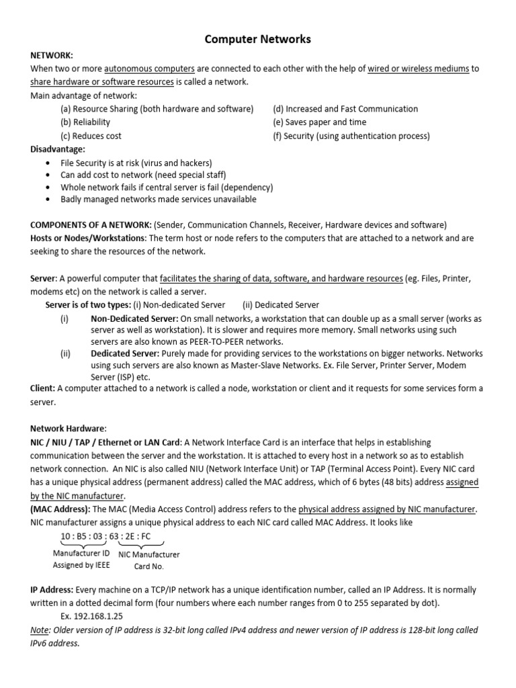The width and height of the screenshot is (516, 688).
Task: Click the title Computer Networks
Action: [257, 40]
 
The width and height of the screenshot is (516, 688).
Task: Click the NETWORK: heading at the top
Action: [52, 55]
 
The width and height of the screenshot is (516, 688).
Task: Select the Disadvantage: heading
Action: [58, 149]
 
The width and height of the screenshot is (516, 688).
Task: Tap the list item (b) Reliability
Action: [85, 122]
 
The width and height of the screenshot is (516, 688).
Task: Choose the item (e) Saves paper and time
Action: [319, 122]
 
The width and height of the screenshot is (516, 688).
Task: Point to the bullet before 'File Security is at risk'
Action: [46, 163]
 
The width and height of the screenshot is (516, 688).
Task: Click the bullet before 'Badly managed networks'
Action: [46, 200]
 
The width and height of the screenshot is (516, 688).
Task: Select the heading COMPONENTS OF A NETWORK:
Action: [91, 225]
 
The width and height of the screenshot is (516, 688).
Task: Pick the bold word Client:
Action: [43, 388]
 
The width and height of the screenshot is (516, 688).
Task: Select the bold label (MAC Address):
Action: [60, 509]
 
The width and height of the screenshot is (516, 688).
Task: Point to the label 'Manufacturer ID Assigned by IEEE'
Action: [82, 560]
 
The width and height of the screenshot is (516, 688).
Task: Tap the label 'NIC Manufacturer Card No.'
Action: [149, 560]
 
